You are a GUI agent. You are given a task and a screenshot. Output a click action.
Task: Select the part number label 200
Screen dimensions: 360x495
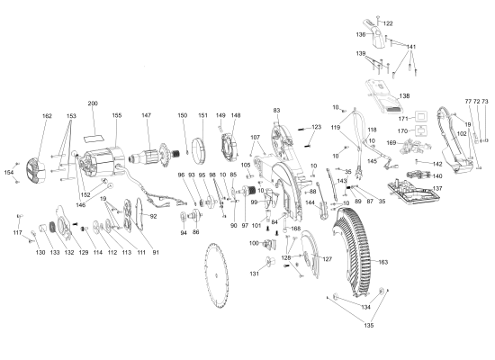pyautogui.click(x=93, y=103)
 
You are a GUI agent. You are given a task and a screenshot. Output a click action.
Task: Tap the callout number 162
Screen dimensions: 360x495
pyautogui.click(x=47, y=116)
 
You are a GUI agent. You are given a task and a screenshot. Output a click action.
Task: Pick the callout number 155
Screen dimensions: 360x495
pyautogui.click(x=116, y=116)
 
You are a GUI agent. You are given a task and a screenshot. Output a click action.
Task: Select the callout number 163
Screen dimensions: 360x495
pyautogui.click(x=382, y=262)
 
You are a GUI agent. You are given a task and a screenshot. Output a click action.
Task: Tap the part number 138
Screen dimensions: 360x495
pyautogui.click(x=404, y=95)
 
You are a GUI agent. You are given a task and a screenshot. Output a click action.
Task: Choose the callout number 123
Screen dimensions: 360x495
pyautogui.click(x=316, y=127)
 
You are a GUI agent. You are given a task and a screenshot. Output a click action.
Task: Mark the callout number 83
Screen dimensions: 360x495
pyautogui.click(x=277, y=110)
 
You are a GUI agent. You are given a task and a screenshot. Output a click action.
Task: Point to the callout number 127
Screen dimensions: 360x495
pyautogui.click(x=328, y=259)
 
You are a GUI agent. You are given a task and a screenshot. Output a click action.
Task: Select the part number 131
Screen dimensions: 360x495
pyautogui.click(x=256, y=273)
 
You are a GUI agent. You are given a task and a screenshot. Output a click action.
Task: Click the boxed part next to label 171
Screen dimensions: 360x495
pyautogui.click(x=418, y=117)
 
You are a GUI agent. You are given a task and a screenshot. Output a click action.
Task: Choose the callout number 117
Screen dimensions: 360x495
pyautogui.click(x=17, y=233)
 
